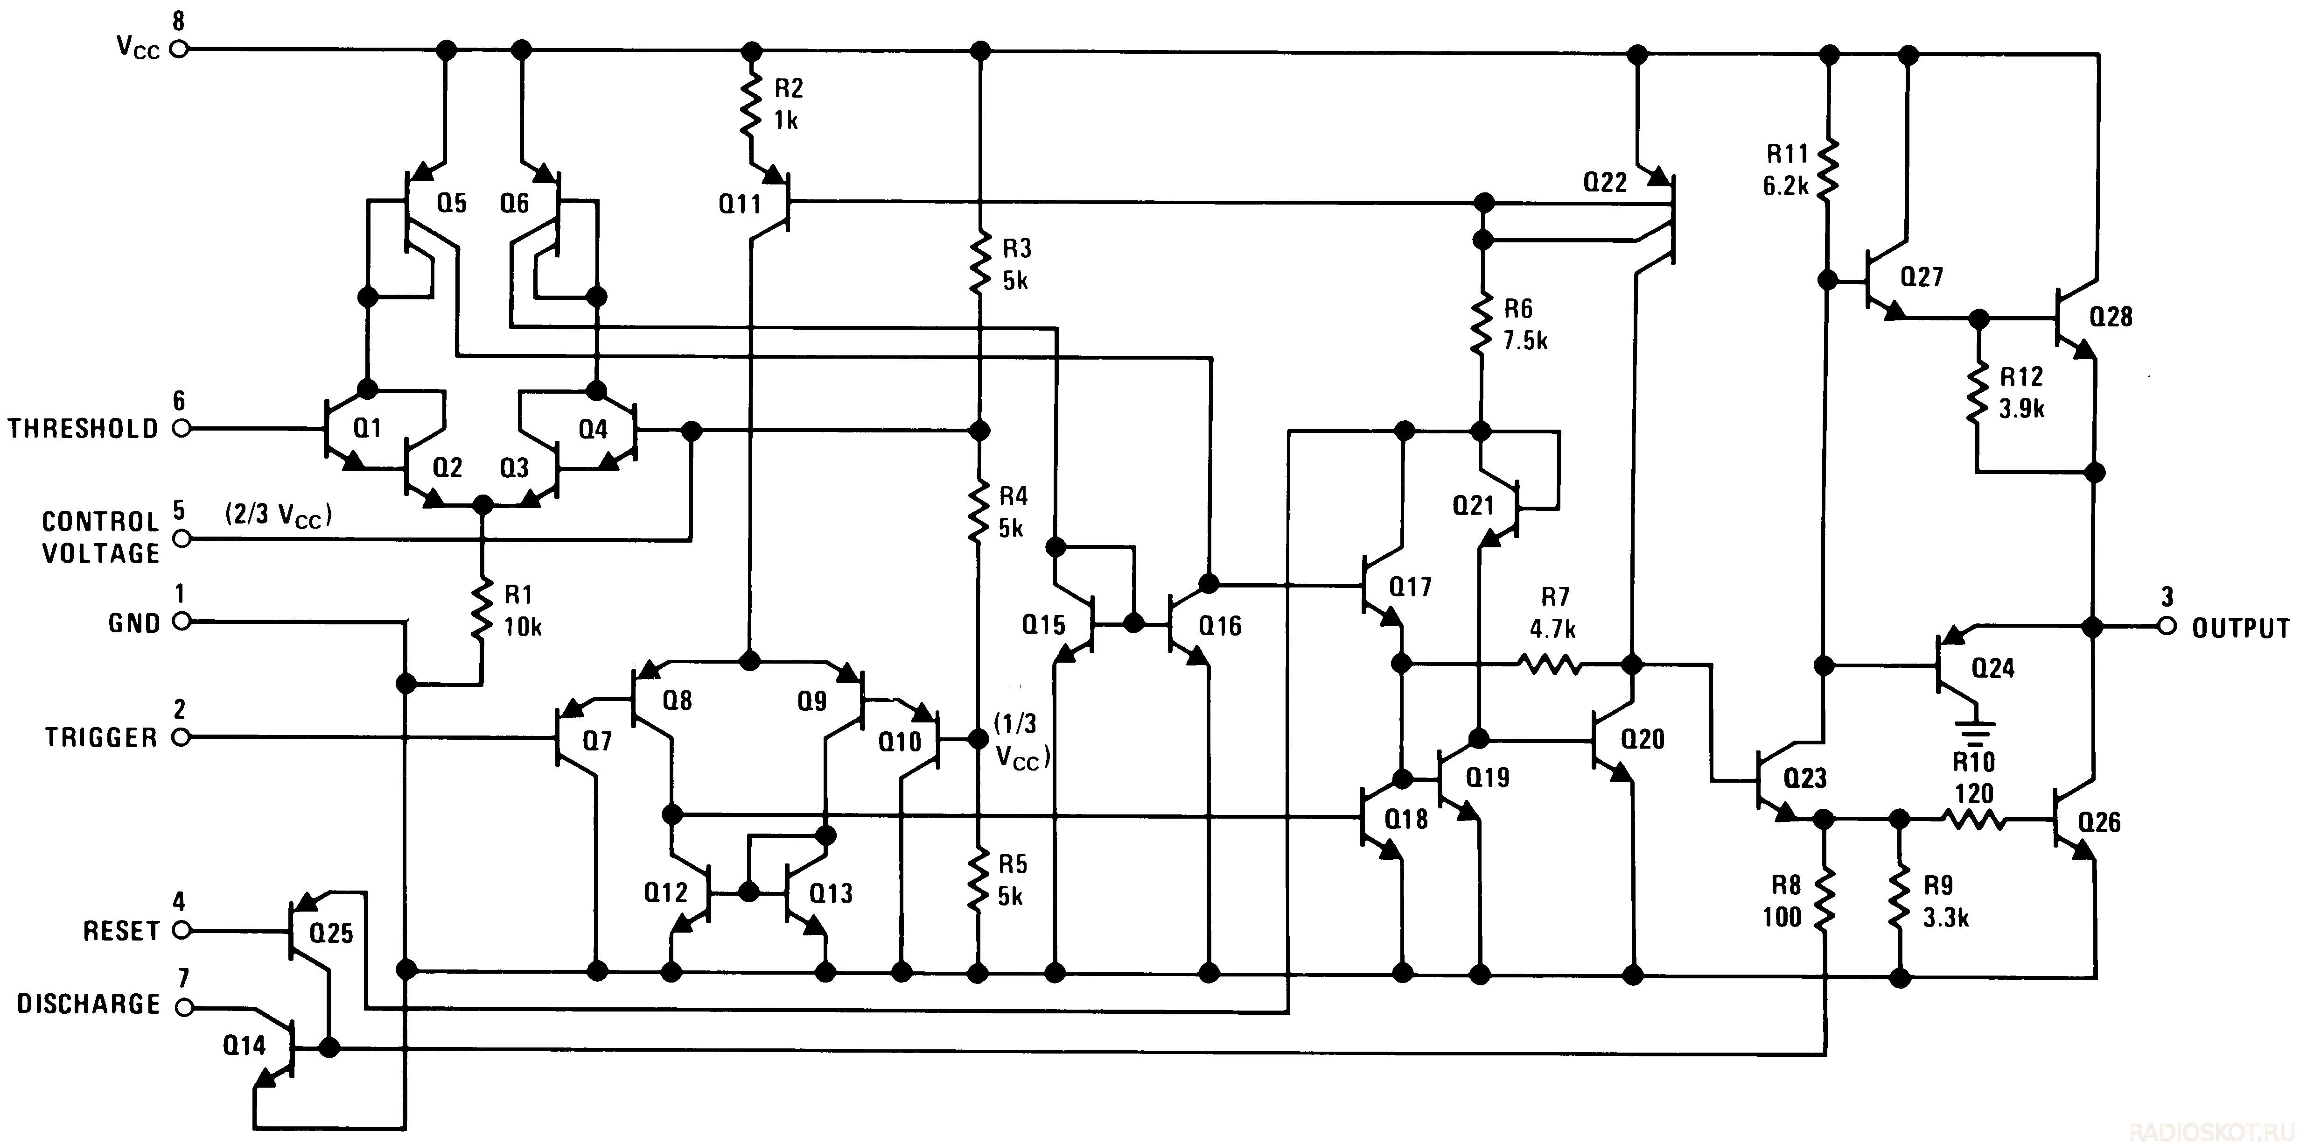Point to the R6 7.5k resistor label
[x=1525, y=324]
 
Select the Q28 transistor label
[x=2111, y=316]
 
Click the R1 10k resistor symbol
[x=482, y=609]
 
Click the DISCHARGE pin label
[x=88, y=1004]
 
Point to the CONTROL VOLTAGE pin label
[x=101, y=538]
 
